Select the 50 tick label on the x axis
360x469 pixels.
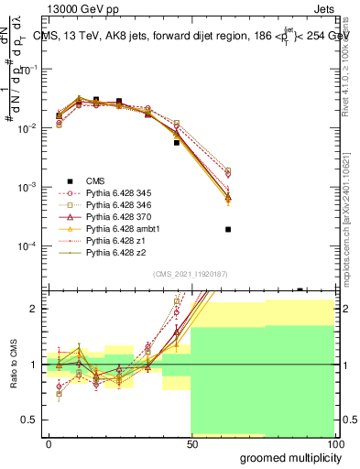coord(191,443)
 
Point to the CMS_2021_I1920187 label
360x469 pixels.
coord(191,274)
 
